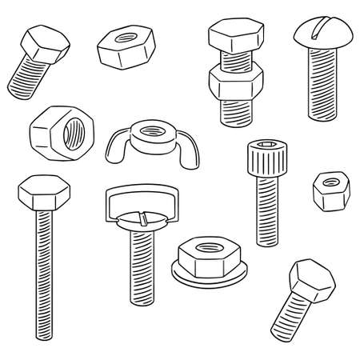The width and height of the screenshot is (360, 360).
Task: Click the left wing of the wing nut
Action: tap(115, 144)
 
